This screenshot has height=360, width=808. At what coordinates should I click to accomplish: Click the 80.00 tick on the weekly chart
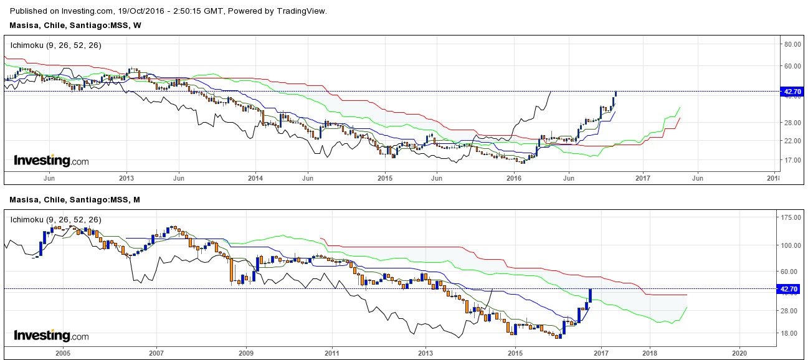click(792, 44)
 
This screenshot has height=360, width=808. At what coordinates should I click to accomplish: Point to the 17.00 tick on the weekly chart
click(792, 159)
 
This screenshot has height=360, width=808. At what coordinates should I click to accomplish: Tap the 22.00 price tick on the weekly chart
click(792, 141)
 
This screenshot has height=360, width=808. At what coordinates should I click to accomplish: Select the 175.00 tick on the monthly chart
click(791, 217)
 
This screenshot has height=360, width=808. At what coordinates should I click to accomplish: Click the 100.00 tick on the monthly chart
click(791, 245)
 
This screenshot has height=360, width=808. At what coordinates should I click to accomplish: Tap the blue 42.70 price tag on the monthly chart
click(789, 289)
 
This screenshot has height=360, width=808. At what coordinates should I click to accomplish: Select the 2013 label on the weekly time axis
click(126, 178)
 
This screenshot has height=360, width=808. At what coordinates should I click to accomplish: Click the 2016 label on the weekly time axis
click(514, 178)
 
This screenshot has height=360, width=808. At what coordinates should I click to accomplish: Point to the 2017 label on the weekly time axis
click(643, 178)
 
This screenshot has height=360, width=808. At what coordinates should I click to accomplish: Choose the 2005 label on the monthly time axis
click(62, 353)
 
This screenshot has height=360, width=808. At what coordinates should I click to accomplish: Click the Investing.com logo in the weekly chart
click(51, 161)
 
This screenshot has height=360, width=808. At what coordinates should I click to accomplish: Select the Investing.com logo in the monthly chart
click(51, 336)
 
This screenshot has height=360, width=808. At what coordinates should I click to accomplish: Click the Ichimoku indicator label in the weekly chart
click(55, 45)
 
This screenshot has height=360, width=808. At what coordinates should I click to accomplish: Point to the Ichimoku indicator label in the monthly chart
click(55, 220)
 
